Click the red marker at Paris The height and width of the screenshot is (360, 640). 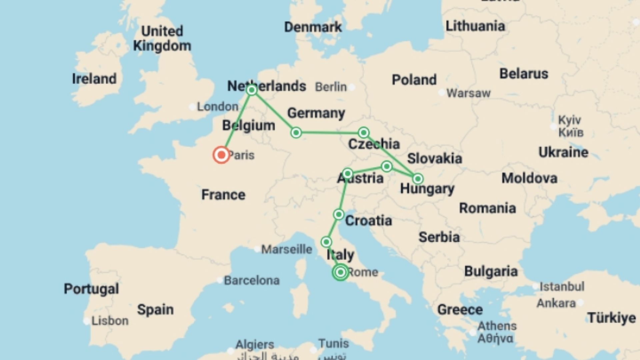[221, 155]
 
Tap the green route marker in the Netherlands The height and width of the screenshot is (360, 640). [252, 90]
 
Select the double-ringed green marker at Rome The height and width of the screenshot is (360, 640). [340, 272]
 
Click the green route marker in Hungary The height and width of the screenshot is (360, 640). [418, 179]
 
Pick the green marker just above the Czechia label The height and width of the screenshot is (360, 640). [364, 133]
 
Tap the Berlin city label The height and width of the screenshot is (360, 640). [331, 87]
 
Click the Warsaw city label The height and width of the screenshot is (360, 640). [468, 93]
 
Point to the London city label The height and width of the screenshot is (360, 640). [217, 107]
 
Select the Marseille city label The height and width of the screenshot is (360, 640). [287, 249]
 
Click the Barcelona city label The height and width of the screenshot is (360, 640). [252, 281]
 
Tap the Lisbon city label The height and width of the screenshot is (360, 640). [110, 321]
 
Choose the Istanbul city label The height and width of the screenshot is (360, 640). [562, 287]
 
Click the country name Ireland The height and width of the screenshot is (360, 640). [94, 79]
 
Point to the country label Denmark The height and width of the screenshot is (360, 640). [313, 27]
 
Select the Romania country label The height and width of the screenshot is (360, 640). [487, 208]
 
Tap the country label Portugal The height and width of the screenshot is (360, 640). [91, 289]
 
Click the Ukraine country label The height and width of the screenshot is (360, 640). [563, 152]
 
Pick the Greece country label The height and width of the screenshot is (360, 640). [460, 310]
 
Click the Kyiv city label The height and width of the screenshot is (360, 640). [570, 120]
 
